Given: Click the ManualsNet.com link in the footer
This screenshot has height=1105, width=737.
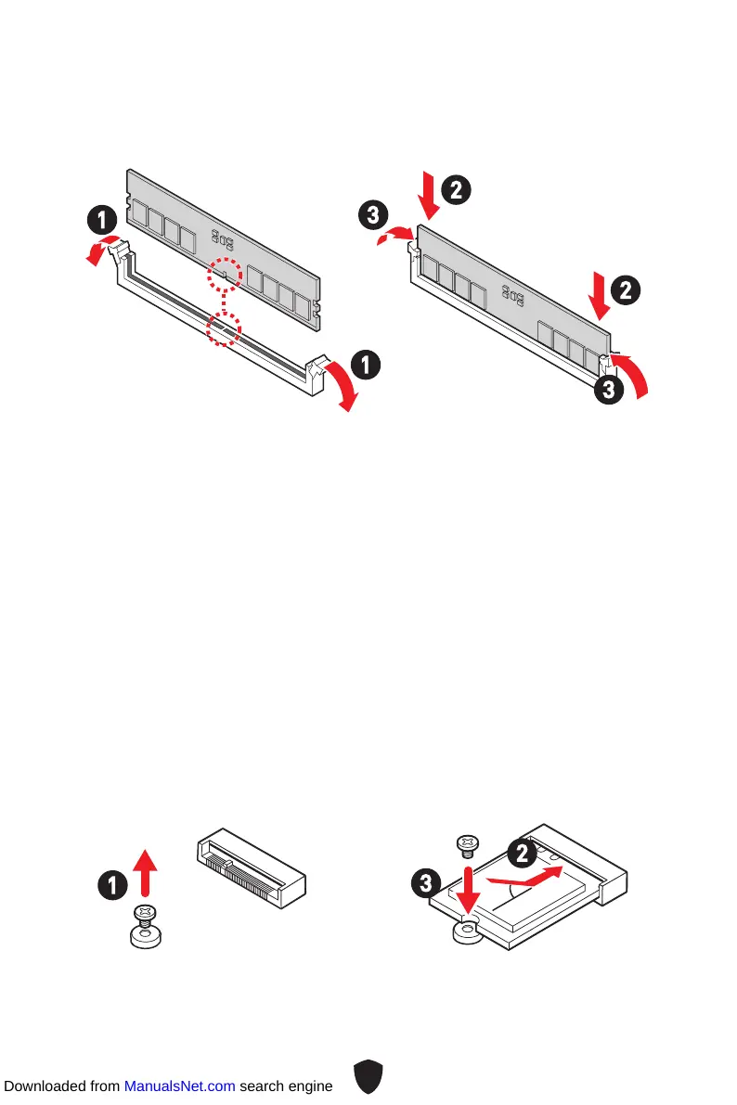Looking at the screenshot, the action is tap(179, 1086).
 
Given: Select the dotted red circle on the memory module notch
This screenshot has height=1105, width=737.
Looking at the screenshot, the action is tap(223, 275).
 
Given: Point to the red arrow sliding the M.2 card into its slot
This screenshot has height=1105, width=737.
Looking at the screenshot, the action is tap(526, 877).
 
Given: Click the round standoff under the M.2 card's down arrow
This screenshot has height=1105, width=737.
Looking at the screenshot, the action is tap(466, 932).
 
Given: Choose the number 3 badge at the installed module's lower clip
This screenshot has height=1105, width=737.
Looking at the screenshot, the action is tap(608, 391).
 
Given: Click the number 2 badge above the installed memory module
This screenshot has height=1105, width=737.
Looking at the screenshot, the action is tap(456, 191).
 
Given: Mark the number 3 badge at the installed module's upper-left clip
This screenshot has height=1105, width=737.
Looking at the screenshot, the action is tap(370, 217).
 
